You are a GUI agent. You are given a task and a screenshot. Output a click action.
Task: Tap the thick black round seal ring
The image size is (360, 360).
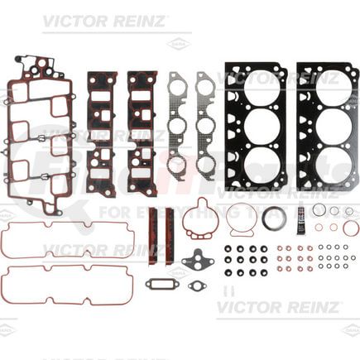coord(273,218)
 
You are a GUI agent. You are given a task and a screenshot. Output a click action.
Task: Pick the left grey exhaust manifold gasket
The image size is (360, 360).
coord(177,124)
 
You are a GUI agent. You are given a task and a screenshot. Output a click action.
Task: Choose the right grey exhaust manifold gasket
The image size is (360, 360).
coord(205,124)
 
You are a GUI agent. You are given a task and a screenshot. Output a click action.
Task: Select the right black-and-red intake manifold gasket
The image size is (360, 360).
coord(142,132)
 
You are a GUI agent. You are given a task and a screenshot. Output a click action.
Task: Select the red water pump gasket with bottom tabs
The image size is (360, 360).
coord(200,220)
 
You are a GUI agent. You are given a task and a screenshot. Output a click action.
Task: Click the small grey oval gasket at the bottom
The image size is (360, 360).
coord(197,286)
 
